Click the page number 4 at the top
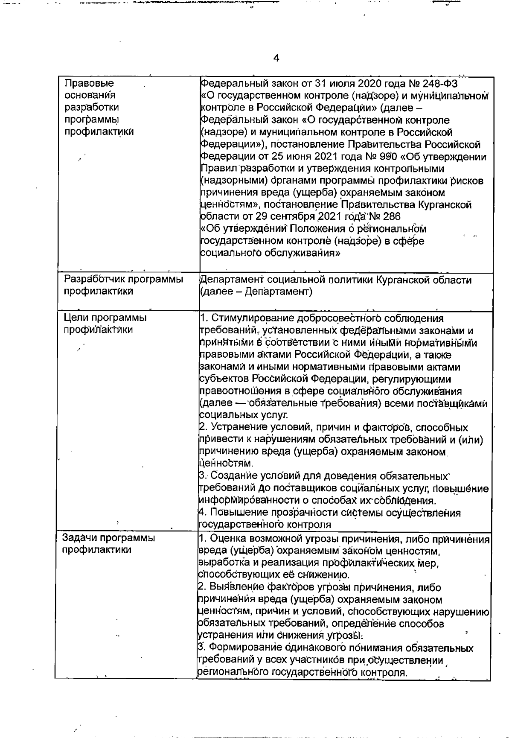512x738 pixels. tap(276, 58)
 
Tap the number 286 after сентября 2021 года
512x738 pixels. tap(389, 216)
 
